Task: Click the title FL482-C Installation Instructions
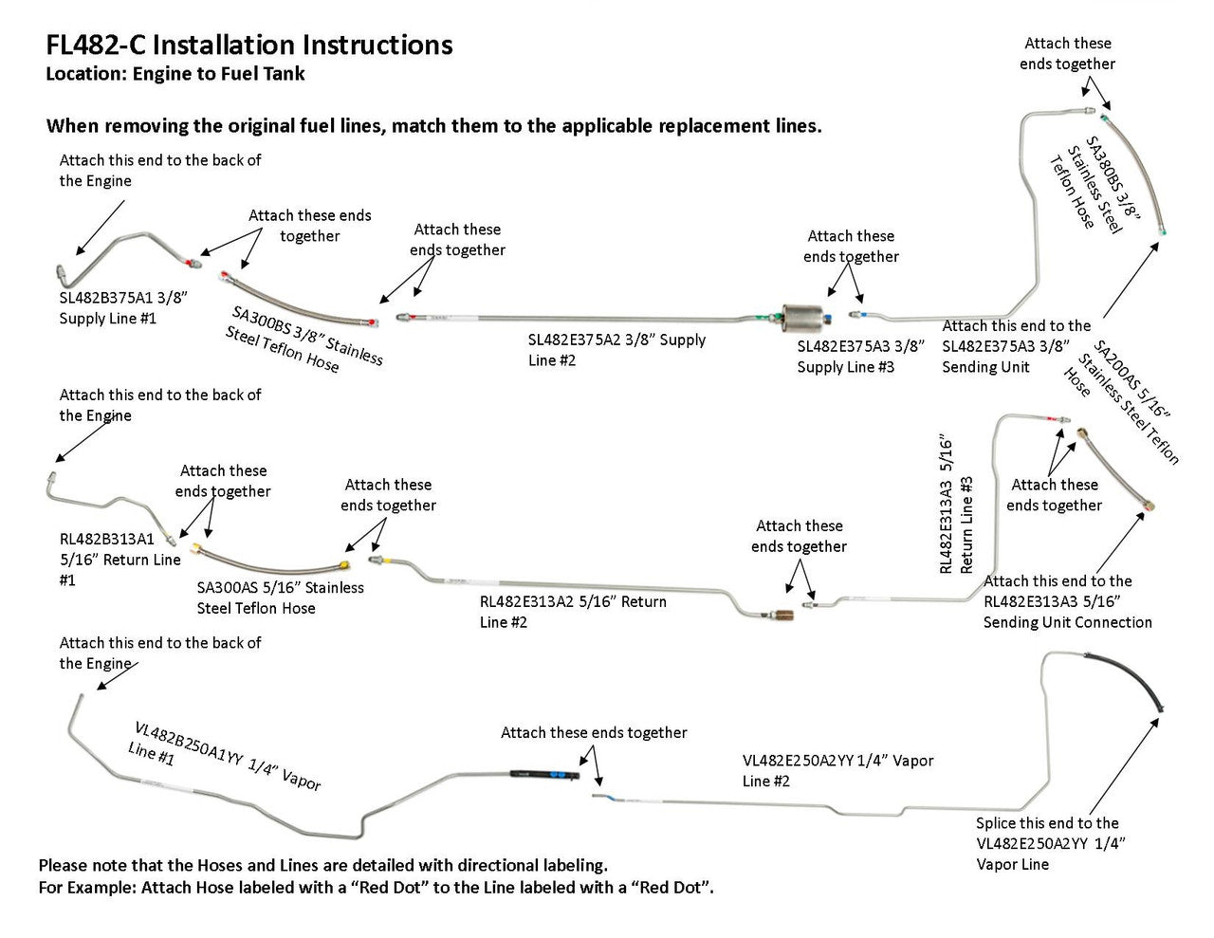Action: [x=249, y=45]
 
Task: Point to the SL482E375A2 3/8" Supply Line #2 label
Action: [x=616, y=349]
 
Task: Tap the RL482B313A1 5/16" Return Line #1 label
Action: [x=120, y=560]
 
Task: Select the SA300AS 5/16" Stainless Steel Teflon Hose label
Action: [x=280, y=598]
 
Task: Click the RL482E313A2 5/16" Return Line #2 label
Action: [x=573, y=612]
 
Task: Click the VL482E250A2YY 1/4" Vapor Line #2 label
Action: [x=837, y=770]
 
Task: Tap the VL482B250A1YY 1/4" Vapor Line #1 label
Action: [x=226, y=756]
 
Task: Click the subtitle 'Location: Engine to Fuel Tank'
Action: [x=175, y=73]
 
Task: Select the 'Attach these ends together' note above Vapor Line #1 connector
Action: [x=594, y=732]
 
